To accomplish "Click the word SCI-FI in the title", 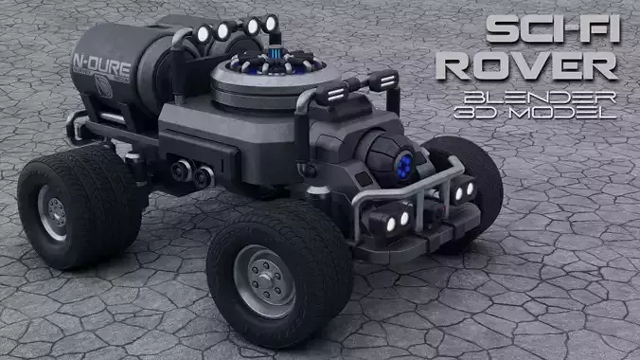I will coord(553,30).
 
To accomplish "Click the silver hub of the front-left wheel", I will coord(263,281).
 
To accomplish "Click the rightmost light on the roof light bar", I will coord(271,23).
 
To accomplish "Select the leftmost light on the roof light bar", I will coord(203,35).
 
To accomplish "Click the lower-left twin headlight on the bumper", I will coord(395,222).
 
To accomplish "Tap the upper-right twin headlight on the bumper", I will coord(463,191).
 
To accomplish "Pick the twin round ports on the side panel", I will coord(190,173).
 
